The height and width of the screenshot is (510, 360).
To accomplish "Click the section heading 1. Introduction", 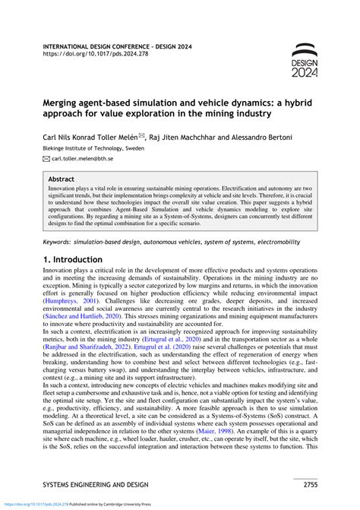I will tap(81, 260).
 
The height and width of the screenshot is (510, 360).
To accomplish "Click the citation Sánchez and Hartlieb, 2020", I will tap(80, 331).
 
